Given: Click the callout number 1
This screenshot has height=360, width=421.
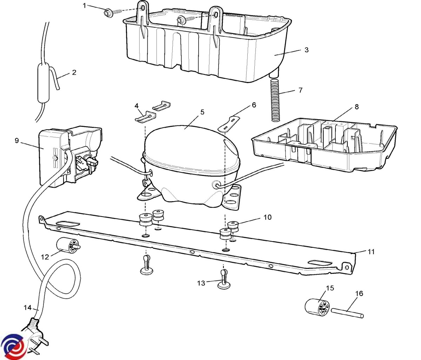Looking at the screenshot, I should coord(85,5).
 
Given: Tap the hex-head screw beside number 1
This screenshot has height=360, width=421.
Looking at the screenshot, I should coord(107,13).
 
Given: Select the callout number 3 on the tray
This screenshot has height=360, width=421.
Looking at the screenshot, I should coord(306,50).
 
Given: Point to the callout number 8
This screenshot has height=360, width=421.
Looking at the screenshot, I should coord(357,107).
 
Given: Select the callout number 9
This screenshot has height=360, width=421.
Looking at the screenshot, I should coord(17,141).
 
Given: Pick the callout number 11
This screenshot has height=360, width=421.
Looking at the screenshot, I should coord(371,252).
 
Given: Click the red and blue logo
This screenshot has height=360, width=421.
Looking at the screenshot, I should coord(12,347).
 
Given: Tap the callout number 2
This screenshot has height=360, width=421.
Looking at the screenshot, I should coord(74,73).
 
